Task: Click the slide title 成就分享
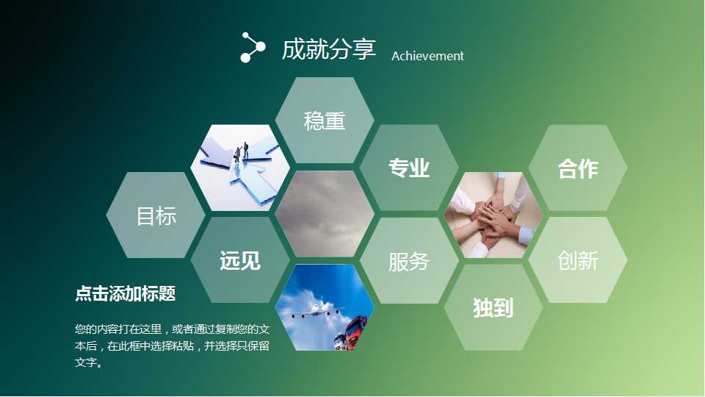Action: [328, 49]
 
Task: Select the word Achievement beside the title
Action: [427, 56]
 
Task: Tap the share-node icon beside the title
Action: [253, 47]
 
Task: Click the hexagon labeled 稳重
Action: [325, 121]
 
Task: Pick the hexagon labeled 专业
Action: [409, 168]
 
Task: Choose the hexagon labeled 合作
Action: [578, 168]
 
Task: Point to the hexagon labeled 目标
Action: [156, 216]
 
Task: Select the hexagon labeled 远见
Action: [240, 260]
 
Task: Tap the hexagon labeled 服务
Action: [409, 261]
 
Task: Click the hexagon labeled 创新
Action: [578, 260]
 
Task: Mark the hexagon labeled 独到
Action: [493, 307]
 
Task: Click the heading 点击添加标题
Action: [125, 294]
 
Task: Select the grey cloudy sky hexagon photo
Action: [325, 214]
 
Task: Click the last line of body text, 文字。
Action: [89, 363]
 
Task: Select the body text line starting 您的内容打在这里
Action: [173, 328]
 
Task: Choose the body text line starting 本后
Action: [173, 346]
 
